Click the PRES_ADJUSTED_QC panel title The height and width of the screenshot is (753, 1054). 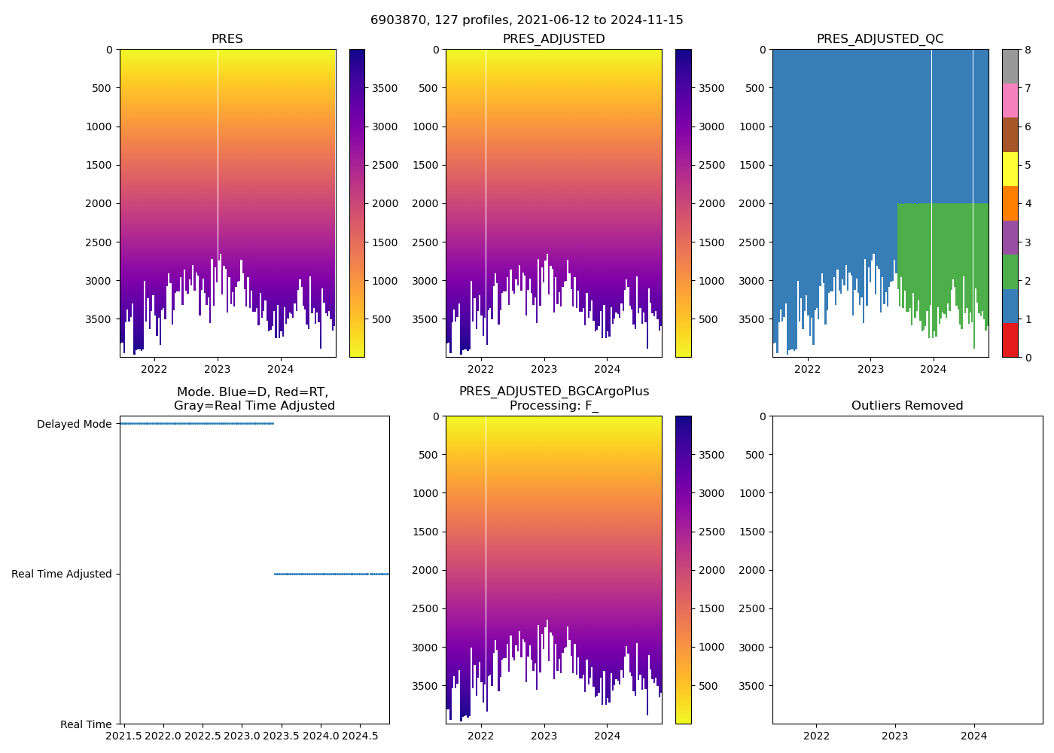pyautogui.click(x=880, y=39)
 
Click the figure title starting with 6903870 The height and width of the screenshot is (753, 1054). pyautogui.click(x=527, y=20)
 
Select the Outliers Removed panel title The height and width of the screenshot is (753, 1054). pyautogui.click(x=907, y=406)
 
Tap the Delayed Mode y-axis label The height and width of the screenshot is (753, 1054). pyautogui.click(x=74, y=424)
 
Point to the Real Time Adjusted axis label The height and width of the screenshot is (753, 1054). pyautogui.click(x=61, y=574)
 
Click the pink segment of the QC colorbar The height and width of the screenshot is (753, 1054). pyautogui.click(x=1010, y=100)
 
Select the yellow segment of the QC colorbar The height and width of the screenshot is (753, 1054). pyautogui.click(x=1010, y=169)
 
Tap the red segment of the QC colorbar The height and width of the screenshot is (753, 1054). pyautogui.click(x=1010, y=340)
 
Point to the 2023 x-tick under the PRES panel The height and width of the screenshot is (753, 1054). pyautogui.click(x=218, y=369)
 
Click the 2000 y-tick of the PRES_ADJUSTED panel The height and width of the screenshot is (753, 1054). pyautogui.click(x=428, y=203)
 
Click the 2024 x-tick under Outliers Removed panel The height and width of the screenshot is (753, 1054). pyautogui.click(x=973, y=736)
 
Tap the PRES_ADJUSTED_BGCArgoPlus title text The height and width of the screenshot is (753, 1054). pyautogui.click(x=554, y=392)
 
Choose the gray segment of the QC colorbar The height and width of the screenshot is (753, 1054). pyautogui.click(x=1010, y=66)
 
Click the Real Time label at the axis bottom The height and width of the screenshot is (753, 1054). pyautogui.click(x=86, y=724)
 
